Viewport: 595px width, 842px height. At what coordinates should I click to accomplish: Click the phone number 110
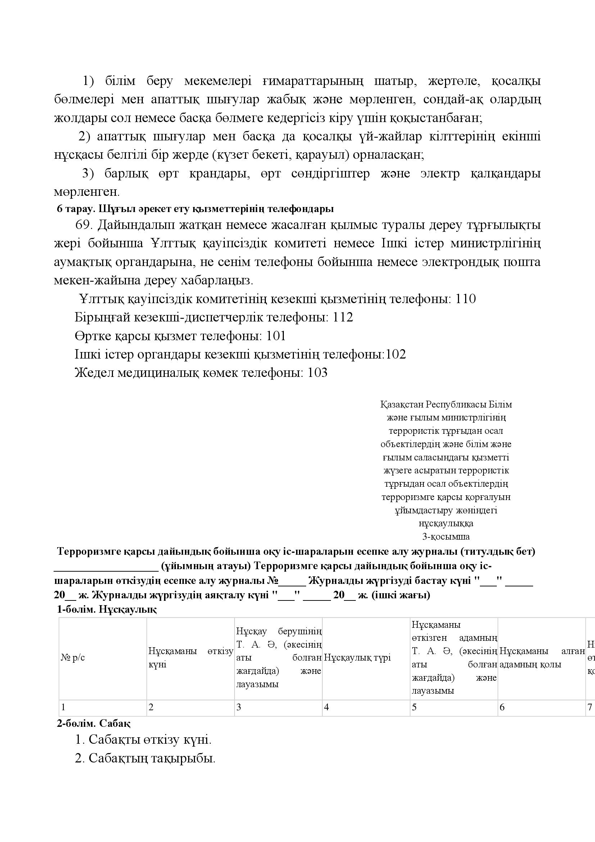click(x=465, y=299)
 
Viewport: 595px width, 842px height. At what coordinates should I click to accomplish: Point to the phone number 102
click(x=396, y=355)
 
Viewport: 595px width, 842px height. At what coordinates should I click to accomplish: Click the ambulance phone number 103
click(x=317, y=373)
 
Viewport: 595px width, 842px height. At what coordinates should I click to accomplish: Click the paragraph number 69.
click(x=83, y=224)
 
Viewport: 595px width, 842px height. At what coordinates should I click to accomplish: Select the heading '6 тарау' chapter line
click(x=195, y=209)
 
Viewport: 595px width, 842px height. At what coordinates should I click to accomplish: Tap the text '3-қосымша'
click(x=446, y=537)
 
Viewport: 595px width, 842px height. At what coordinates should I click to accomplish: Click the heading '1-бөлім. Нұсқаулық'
click(x=106, y=609)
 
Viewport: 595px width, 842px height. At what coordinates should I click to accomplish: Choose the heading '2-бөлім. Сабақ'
click(x=94, y=724)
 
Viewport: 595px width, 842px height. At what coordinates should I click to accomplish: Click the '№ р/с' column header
click(x=73, y=658)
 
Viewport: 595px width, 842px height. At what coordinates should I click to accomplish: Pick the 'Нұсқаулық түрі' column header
click(x=357, y=658)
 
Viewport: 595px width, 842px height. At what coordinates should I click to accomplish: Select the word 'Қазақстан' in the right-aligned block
click(x=401, y=405)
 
